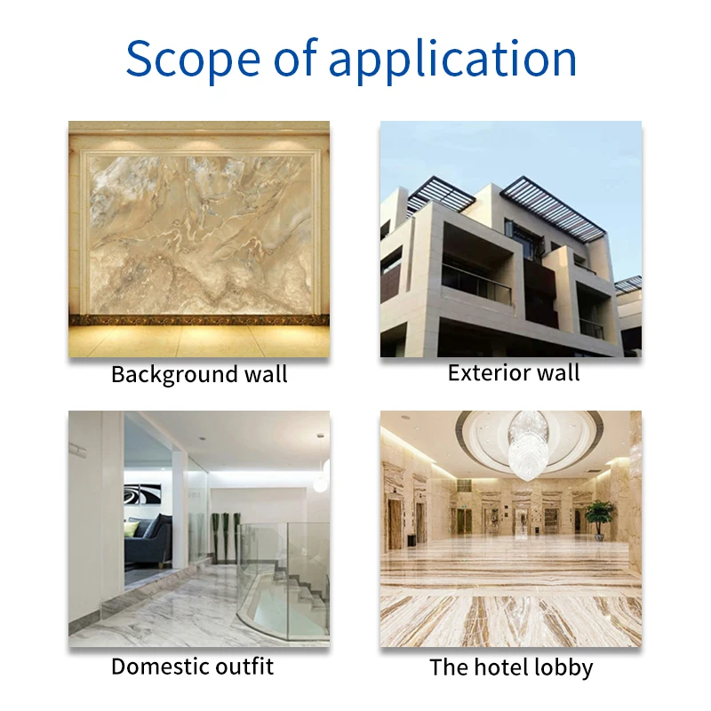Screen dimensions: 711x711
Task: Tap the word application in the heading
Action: [x=453, y=60]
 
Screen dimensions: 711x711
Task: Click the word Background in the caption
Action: [x=164, y=373]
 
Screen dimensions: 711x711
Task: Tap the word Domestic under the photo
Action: [x=161, y=666]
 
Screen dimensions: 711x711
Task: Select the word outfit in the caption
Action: [x=244, y=666]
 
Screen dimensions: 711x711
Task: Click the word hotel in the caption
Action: [x=494, y=667]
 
